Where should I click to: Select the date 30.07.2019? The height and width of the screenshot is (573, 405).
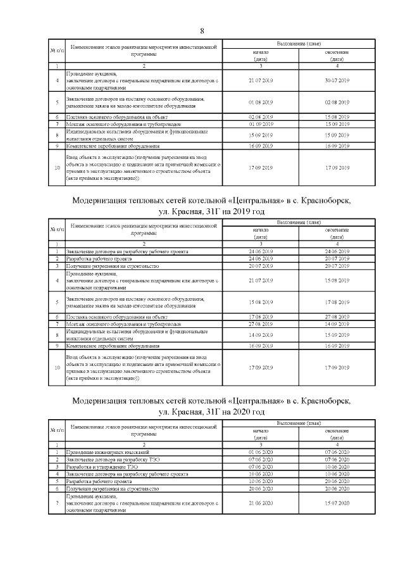[337, 81]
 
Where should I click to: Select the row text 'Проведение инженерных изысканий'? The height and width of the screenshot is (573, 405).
[108, 451]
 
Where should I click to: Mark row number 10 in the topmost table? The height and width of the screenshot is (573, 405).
[58, 168]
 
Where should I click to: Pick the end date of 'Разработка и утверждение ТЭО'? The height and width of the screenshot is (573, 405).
[337, 466]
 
